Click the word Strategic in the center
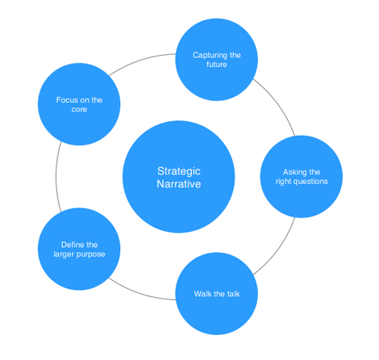179,171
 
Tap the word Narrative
179,184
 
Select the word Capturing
210,56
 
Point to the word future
217,65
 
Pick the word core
79,110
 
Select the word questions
310,182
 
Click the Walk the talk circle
217,294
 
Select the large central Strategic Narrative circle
179,177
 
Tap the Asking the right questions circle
302,177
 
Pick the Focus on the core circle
79,104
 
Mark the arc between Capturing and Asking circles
279,104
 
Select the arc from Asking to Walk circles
279,249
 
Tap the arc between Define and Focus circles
56,177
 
